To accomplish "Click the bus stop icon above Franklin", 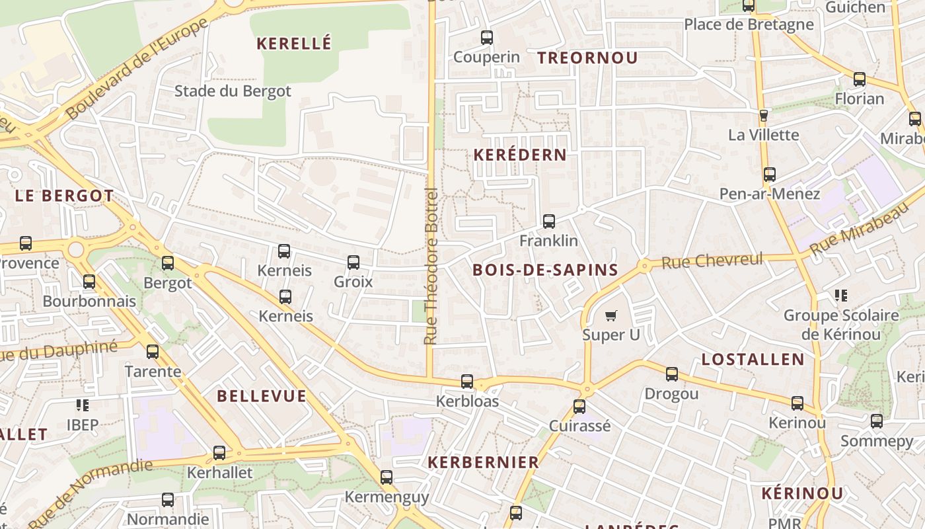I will pyautogui.click(x=548, y=222).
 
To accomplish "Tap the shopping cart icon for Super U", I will pyautogui.click(x=611, y=315).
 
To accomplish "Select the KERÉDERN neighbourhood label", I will pyautogui.click(x=520, y=155).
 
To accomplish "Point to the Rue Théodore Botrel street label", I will pyautogui.click(x=431, y=266).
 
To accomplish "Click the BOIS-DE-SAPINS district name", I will pyautogui.click(x=546, y=270).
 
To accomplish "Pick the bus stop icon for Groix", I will pyautogui.click(x=353, y=263).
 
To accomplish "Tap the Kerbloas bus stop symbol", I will pyautogui.click(x=467, y=382).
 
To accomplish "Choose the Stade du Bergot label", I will pyautogui.click(x=233, y=91).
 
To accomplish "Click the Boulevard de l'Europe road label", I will pyautogui.click(x=137, y=67).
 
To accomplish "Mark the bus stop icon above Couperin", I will pyautogui.click(x=487, y=38).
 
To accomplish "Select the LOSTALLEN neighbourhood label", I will pyautogui.click(x=753, y=360).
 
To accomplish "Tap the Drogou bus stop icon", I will pyautogui.click(x=672, y=374).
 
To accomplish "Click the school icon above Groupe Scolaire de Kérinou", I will pyautogui.click(x=841, y=296).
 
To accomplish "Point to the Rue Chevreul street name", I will pyautogui.click(x=712, y=261).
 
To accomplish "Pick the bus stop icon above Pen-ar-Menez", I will pyautogui.click(x=770, y=175).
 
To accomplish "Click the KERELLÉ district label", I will pyautogui.click(x=293, y=44).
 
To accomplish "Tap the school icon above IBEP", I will pyautogui.click(x=83, y=405).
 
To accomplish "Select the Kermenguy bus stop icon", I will pyautogui.click(x=387, y=477).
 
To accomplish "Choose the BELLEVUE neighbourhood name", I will pyautogui.click(x=262, y=397).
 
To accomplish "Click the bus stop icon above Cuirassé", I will pyautogui.click(x=579, y=406).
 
